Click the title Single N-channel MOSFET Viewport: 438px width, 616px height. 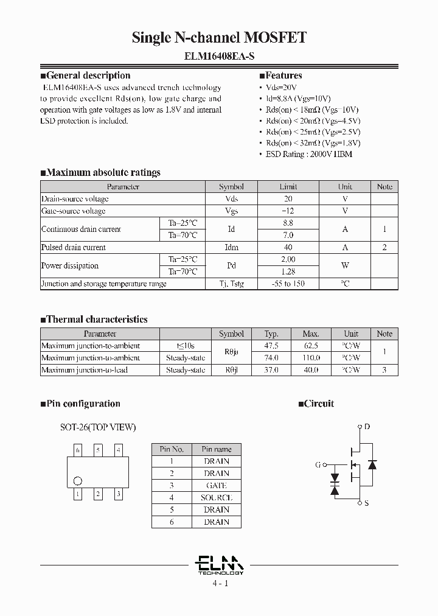click(x=219, y=38)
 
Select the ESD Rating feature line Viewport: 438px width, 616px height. click(x=309, y=154)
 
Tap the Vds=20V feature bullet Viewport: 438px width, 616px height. click(x=282, y=88)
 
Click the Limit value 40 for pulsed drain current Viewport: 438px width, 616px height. click(x=288, y=248)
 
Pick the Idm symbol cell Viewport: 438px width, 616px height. click(x=231, y=248)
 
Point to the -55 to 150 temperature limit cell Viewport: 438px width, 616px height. click(x=288, y=284)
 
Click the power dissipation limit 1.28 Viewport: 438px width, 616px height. click(x=288, y=271)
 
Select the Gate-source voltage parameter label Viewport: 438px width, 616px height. click(x=73, y=211)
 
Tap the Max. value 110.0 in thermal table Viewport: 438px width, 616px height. click(x=310, y=358)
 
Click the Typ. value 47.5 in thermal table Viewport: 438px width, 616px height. click(x=271, y=346)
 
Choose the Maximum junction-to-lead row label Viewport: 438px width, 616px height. click(x=85, y=370)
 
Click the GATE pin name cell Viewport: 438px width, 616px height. click(x=216, y=486)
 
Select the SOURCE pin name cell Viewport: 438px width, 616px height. click(x=216, y=498)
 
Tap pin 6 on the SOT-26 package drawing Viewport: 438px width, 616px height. click(x=77, y=450)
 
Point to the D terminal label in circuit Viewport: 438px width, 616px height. click(x=367, y=427)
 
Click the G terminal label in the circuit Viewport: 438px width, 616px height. click(x=318, y=465)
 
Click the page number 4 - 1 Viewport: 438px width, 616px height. click(x=220, y=583)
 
